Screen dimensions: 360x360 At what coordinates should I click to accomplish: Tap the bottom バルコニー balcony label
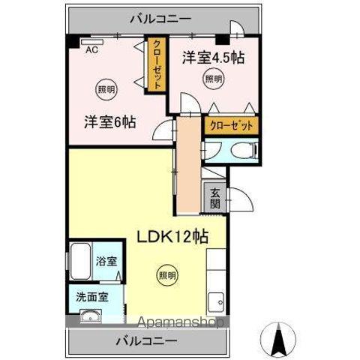pos(147,341)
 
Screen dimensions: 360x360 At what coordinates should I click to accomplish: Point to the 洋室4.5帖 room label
pos(216,57)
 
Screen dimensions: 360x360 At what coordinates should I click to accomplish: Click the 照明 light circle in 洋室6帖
pos(106,90)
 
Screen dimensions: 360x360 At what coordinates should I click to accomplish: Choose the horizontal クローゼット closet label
pos(230,125)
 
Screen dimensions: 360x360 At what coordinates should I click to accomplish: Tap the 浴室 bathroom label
pos(106,262)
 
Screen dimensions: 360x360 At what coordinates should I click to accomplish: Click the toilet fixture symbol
pos(240,152)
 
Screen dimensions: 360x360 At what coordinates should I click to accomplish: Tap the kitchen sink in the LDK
pos(217,301)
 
